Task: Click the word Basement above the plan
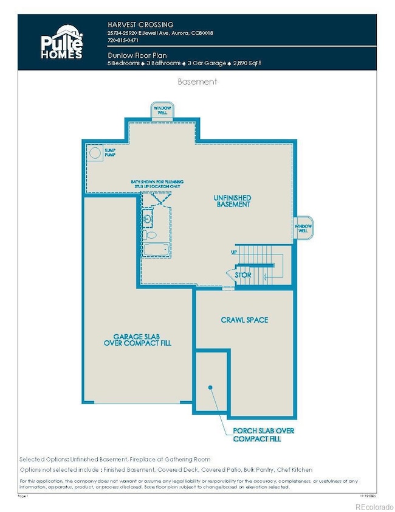[197, 81]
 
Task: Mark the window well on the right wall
[303, 227]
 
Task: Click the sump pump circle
[95, 153]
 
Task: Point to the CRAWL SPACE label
[245, 320]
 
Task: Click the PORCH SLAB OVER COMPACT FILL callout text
[264, 435]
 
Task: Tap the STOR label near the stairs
[243, 275]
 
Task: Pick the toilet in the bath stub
[151, 234]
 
